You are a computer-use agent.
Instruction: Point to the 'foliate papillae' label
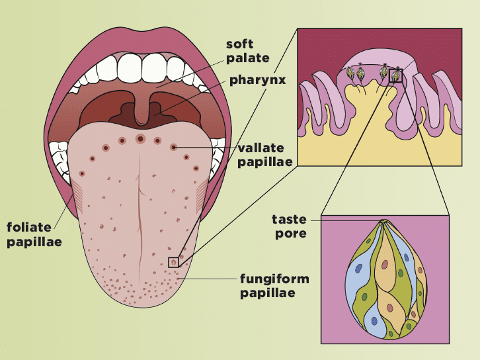tap(34, 234)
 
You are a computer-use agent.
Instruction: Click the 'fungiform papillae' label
tap(274, 285)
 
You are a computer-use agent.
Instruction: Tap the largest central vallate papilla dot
tap(140, 139)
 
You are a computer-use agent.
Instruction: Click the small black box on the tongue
tap(173, 261)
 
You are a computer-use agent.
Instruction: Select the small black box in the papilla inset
tap(395, 76)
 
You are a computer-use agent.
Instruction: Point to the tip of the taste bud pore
tap(383, 222)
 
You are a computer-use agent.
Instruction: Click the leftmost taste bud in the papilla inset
tap(351, 74)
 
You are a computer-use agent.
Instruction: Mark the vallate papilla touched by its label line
tap(173, 146)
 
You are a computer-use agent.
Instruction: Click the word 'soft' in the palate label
tap(240, 44)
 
